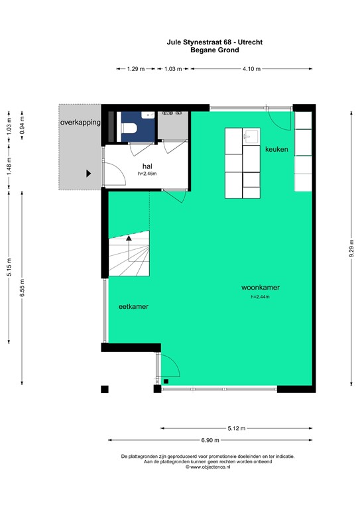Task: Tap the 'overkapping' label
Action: point(80,123)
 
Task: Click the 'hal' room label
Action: point(147,166)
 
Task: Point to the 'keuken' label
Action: point(276,150)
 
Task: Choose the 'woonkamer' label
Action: point(260,288)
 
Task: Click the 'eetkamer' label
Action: point(133,307)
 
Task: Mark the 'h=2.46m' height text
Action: point(147,174)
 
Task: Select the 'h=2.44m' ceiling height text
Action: point(260,297)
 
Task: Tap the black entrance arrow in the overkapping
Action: point(88,174)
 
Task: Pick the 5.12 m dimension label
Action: point(235,428)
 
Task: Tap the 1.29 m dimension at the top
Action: point(136,68)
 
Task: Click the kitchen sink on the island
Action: point(251,137)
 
